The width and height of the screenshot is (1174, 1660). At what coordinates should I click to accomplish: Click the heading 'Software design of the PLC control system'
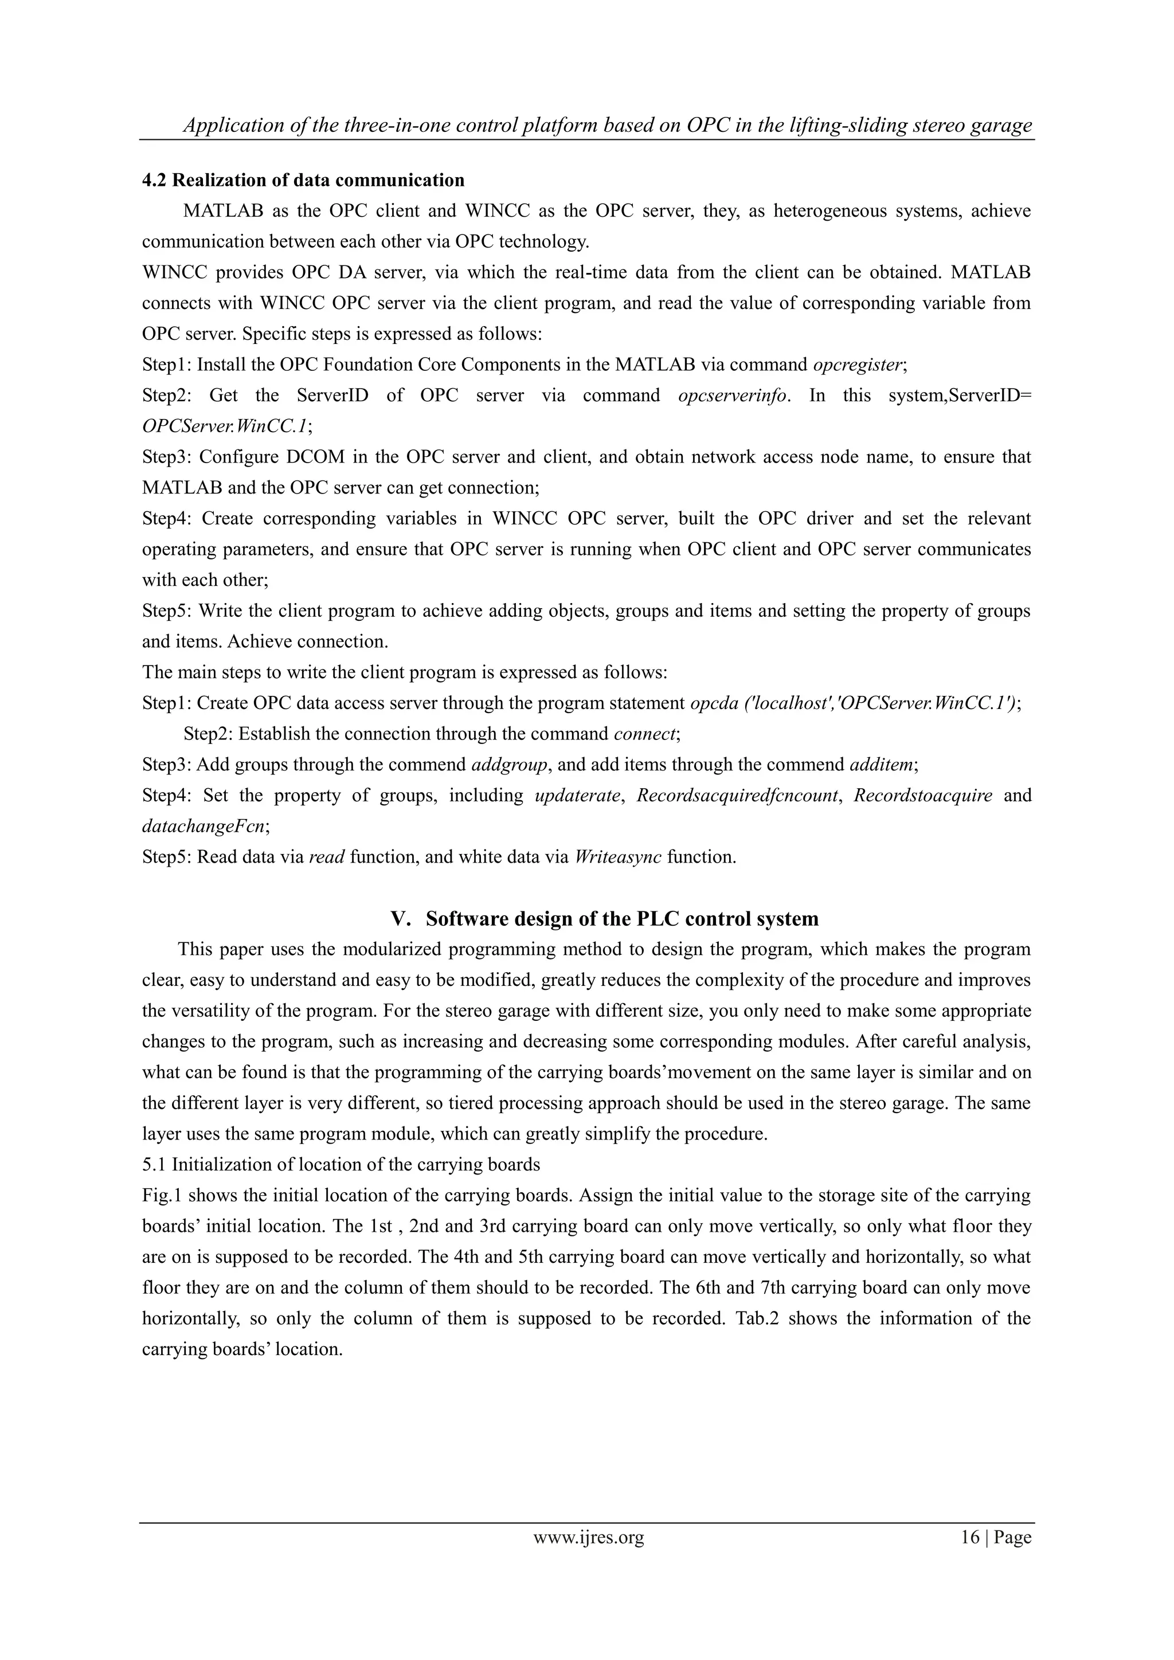point(622,919)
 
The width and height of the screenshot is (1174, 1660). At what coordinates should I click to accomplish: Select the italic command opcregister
point(858,365)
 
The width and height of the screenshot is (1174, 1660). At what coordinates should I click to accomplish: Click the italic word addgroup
point(509,765)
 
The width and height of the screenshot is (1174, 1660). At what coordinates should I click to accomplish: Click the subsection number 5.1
point(155,1165)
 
